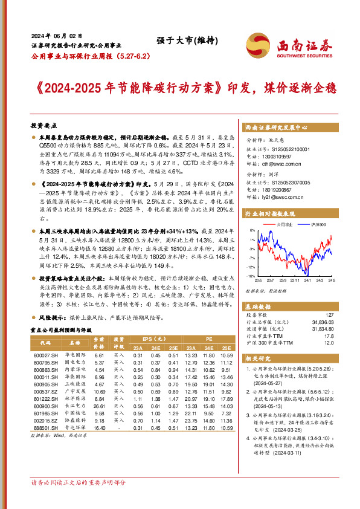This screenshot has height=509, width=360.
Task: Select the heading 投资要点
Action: (x=43, y=125)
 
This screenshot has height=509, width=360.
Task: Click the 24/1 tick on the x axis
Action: (x=307, y=279)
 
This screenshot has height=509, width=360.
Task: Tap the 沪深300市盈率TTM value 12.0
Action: (x=329, y=343)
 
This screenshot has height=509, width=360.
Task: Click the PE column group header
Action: (x=210, y=339)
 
